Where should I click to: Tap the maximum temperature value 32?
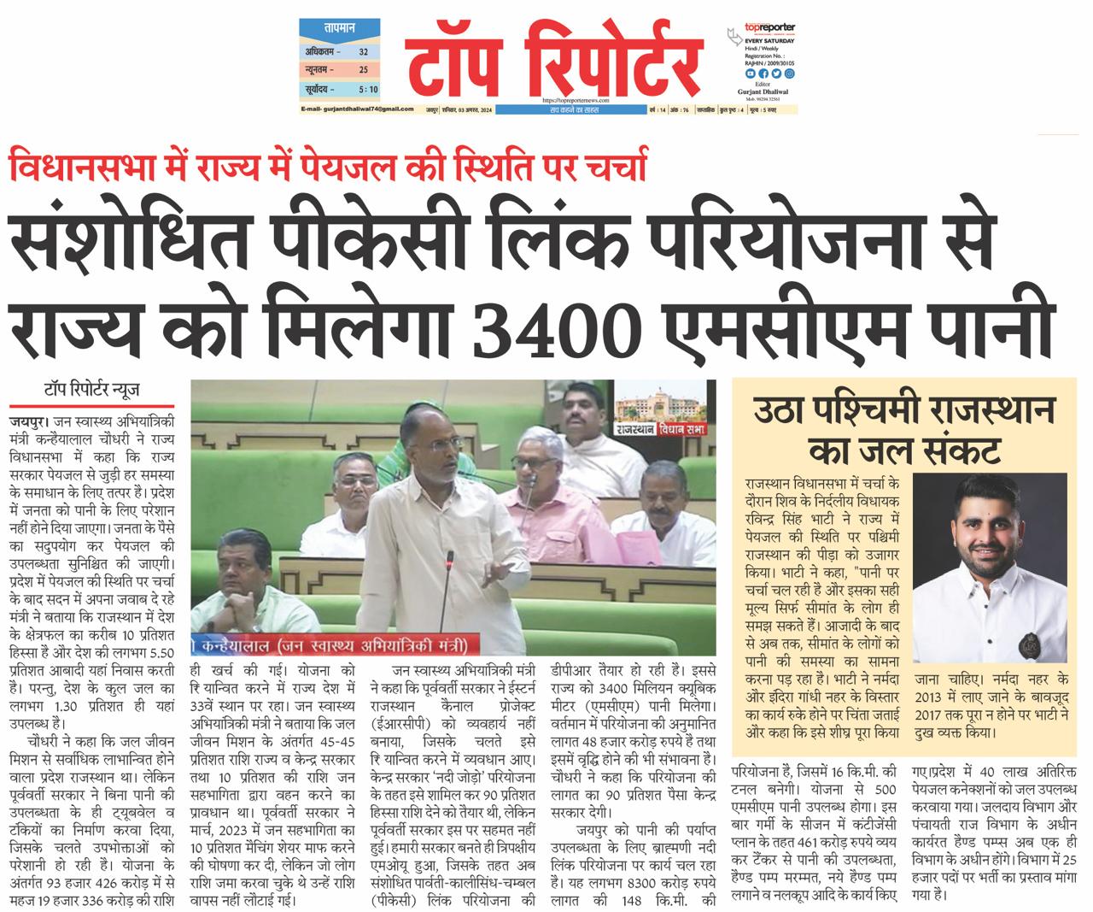tap(363, 51)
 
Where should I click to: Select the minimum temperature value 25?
tap(363, 69)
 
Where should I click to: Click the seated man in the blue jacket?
tap(240, 568)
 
